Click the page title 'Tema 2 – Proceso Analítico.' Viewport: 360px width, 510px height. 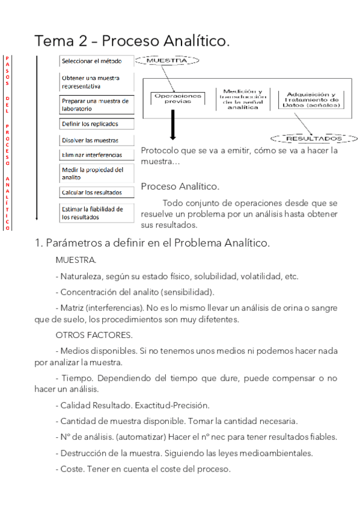[x=132, y=41]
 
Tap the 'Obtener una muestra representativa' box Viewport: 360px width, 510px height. [x=96, y=82]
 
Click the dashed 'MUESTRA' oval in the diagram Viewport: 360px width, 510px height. [x=166, y=61]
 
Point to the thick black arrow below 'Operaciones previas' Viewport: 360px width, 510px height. [x=172, y=126]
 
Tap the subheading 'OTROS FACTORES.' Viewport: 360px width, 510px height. [x=94, y=334]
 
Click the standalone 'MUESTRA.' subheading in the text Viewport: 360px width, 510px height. [x=76, y=260]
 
